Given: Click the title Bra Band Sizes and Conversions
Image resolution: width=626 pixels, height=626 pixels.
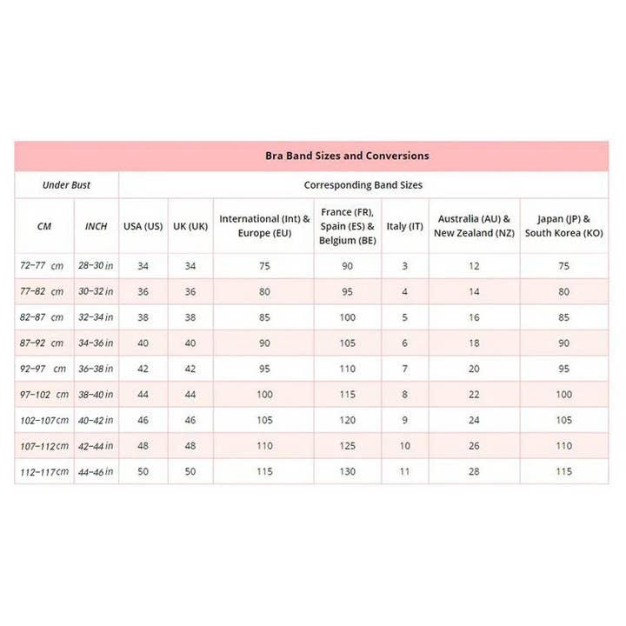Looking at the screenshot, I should click(347, 156).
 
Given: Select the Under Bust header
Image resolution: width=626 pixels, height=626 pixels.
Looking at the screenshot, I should click(66, 184).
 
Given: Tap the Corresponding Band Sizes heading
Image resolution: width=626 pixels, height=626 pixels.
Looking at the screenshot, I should click(363, 184).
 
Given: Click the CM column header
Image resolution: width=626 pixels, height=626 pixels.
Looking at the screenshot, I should click(44, 226).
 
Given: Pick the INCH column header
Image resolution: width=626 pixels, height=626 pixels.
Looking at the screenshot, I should click(96, 226).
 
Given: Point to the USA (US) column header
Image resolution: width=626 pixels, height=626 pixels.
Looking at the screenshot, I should click(143, 226).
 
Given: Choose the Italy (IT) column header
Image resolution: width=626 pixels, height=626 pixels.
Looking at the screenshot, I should click(404, 226).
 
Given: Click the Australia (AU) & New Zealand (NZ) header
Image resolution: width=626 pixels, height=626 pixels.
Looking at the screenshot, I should click(474, 226).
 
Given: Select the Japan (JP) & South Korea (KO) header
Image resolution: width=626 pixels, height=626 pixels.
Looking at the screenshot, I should click(564, 226).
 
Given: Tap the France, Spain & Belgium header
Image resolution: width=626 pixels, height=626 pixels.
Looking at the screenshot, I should click(348, 226).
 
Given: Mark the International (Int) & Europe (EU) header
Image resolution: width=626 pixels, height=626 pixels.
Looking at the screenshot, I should click(264, 226).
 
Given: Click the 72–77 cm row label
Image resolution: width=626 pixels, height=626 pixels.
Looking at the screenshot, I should click(43, 265).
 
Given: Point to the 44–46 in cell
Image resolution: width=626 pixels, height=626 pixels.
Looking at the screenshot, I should click(96, 471).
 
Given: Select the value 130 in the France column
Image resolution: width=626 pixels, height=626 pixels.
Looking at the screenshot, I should click(348, 471).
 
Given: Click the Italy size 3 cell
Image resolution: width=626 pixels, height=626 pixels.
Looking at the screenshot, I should click(404, 265).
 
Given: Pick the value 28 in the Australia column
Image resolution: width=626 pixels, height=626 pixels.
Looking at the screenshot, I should click(474, 471).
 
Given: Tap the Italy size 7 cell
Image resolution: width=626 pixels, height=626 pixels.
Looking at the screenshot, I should click(404, 369).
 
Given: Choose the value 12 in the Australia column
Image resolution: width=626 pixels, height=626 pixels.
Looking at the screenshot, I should click(474, 265).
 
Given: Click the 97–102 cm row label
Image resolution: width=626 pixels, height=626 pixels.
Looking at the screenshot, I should click(43, 394).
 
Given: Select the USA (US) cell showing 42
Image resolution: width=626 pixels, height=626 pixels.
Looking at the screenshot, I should click(143, 369).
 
